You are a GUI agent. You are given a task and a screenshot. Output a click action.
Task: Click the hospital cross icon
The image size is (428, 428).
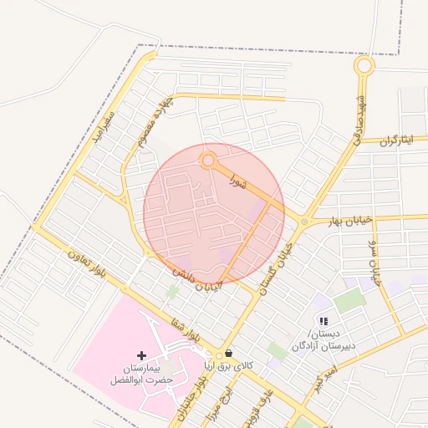141,356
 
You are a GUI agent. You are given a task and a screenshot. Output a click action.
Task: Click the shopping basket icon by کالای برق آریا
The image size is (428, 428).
228,353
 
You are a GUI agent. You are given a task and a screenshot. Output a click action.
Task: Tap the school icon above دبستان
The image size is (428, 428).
324,321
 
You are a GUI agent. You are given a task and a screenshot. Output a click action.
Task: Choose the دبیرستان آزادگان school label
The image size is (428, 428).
324,339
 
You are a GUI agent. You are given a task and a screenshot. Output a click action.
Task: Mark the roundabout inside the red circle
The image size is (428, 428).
208,160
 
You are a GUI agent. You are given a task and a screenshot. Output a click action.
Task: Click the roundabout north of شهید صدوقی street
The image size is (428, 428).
364,65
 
